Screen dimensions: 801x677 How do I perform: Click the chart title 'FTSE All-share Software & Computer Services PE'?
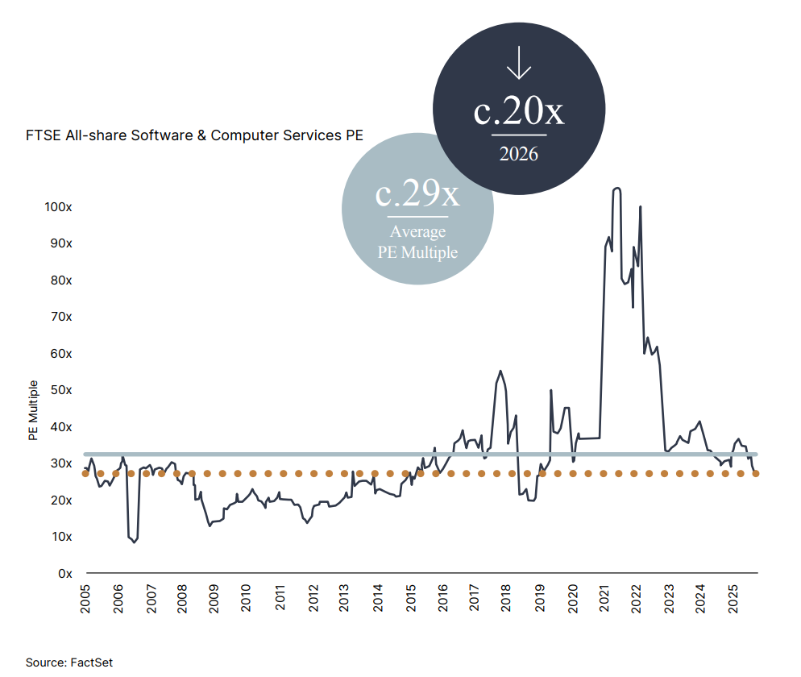pos(195,135)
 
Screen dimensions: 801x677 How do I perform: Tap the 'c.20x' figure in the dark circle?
pos(518,110)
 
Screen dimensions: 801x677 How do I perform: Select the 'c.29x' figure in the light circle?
pos(417,193)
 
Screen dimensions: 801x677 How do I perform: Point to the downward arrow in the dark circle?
pos(518,62)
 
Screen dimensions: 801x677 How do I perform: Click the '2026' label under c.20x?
pos(518,154)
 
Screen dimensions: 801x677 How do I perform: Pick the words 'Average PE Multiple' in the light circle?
pos(417,242)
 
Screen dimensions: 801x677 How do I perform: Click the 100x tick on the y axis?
pos(58,207)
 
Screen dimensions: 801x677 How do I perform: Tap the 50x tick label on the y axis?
pos(61,390)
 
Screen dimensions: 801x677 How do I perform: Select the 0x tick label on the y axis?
pos(65,573)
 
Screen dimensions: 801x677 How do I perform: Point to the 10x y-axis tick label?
pos(62,537)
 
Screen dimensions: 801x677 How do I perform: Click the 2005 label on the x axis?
pos(85,599)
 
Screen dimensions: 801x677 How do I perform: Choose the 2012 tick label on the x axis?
pos(313,599)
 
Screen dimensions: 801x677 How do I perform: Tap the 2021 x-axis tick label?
pos(604,599)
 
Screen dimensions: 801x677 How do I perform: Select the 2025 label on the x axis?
pos(733,599)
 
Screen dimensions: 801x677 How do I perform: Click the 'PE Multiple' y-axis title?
pos(33,410)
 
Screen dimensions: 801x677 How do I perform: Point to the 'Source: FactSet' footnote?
pos(69,662)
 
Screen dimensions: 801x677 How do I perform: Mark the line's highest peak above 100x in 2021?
pos(616,189)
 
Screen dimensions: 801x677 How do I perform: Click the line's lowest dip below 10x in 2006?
pos(135,542)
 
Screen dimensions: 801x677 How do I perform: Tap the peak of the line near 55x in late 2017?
pos(500,371)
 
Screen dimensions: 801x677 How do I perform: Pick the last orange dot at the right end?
pos(756,474)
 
